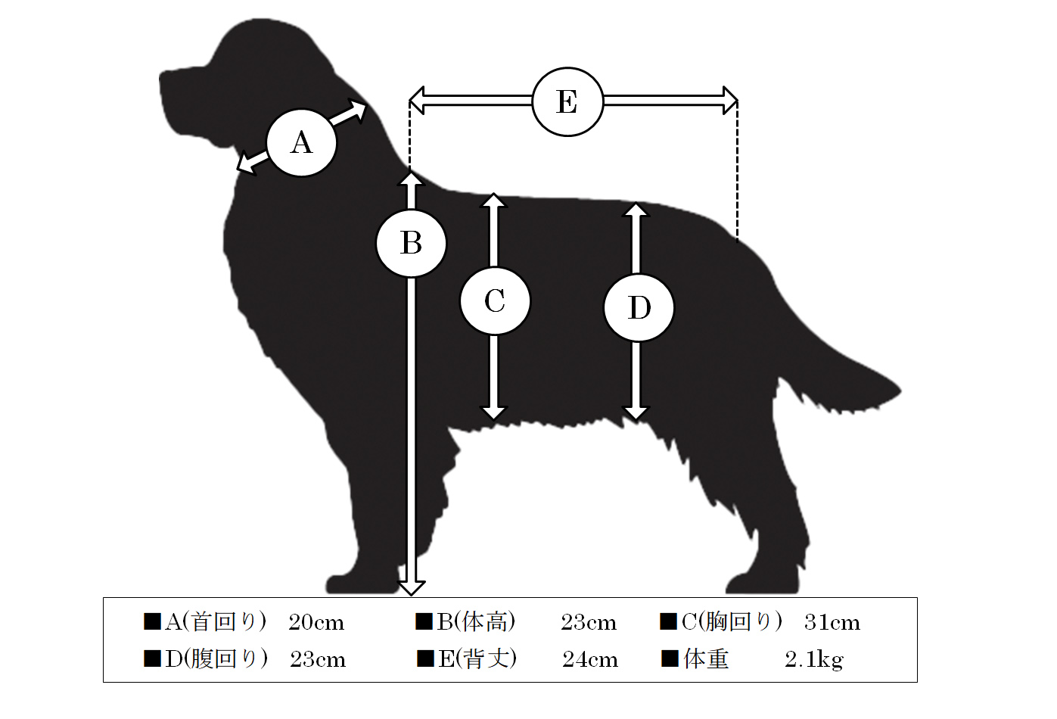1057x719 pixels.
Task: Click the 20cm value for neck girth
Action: pos(316,622)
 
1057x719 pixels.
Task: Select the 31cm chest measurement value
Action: pos(832,622)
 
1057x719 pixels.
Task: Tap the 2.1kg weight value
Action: pos(814,660)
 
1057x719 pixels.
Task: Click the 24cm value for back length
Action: pos(590,659)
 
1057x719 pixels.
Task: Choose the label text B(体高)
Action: pos(476,622)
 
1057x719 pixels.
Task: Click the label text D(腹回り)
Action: pos(216,659)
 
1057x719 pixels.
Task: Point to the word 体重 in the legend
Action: pos(706,659)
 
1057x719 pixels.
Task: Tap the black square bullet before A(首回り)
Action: pos(152,621)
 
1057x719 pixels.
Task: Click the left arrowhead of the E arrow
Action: pos(417,101)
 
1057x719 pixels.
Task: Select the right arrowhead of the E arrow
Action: pos(730,100)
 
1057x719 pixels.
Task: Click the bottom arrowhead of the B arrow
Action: pos(411,588)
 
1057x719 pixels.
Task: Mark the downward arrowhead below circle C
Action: pos(494,413)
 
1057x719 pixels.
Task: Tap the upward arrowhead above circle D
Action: pos(636,210)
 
